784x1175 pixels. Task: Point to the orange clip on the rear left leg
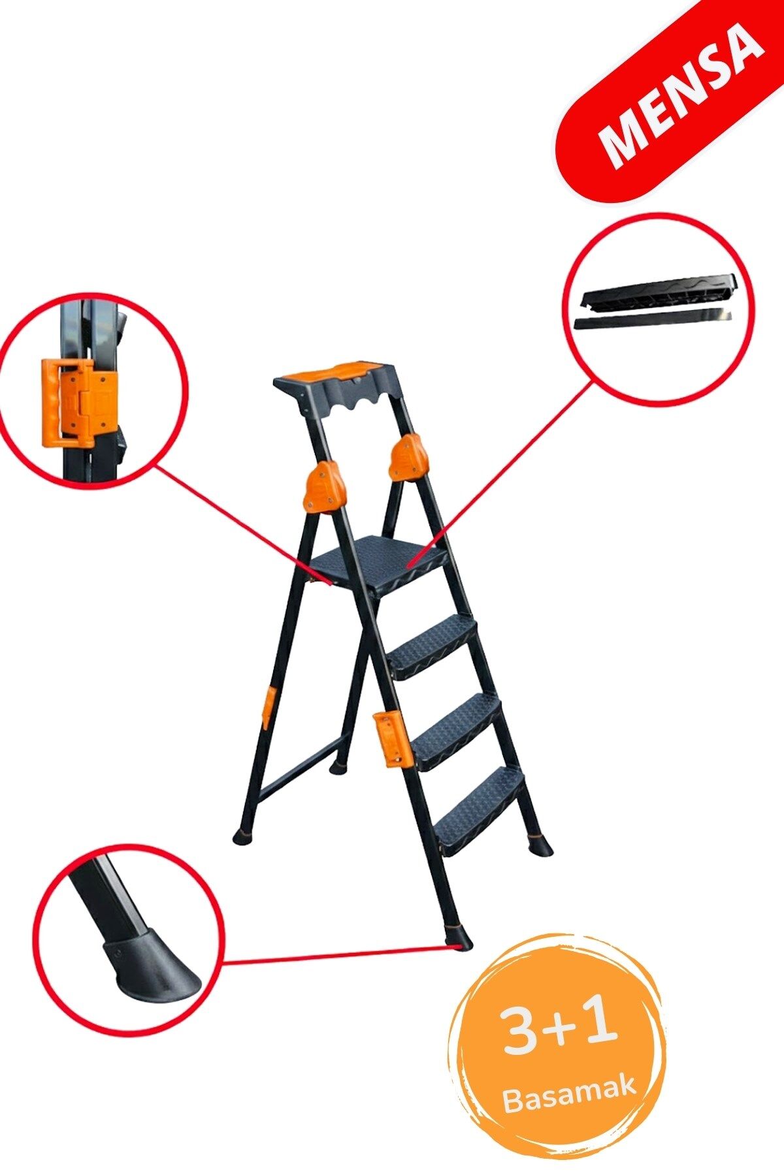[267, 708]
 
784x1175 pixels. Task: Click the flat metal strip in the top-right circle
[653, 319]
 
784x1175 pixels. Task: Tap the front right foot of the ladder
[539, 845]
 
